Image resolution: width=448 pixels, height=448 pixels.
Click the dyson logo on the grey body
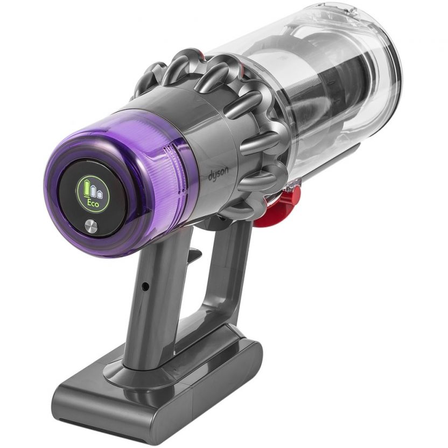(x=218, y=174)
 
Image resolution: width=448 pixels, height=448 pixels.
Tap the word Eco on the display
(x=93, y=204)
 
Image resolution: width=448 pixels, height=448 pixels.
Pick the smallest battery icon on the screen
(x=99, y=194)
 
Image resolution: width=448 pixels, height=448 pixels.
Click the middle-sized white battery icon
(x=93, y=191)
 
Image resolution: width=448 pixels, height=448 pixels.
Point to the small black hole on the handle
(x=146, y=285)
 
